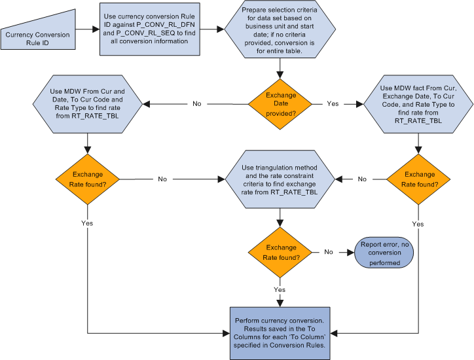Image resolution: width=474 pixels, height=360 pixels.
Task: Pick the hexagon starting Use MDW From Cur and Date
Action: [x=86, y=103]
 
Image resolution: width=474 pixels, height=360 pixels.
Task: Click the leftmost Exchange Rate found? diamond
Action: [x=86, y=179]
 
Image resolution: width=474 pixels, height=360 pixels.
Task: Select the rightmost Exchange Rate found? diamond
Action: [x=418, y=179]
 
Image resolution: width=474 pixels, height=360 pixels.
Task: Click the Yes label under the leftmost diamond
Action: [x=86, y=223]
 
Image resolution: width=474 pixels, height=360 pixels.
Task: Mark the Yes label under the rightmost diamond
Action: [x=418, y=223]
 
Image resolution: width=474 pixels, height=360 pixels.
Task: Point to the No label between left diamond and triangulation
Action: [x=162, y=179]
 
